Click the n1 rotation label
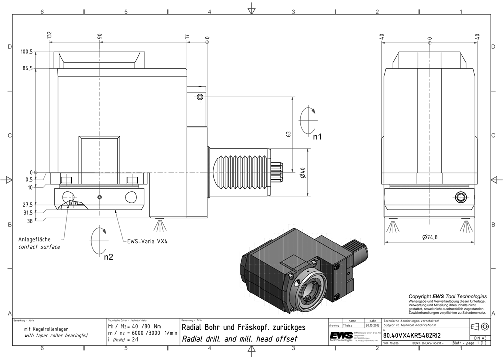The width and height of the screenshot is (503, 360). point(317,136)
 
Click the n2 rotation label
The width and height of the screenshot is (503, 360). point(108,257)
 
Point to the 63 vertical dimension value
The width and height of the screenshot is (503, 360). point(288,134)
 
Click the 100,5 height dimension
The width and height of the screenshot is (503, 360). point(27,51)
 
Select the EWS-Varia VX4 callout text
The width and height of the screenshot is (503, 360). point(147,241)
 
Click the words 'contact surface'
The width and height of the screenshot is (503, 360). point(39,247)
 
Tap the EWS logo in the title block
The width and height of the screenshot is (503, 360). point(340,335)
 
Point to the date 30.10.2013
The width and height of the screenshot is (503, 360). point(372,326)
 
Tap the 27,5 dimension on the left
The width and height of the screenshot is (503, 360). point(27,205)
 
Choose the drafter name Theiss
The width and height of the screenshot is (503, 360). point(347,326)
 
